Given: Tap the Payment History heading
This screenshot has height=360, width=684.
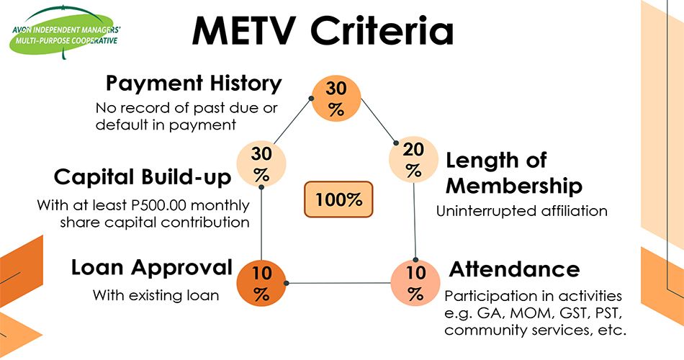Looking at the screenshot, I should [x=194, y=84].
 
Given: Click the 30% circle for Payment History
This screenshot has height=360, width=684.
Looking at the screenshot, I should [x=336, y=99].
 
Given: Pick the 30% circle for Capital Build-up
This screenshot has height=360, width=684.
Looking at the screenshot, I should [x=261, y=165].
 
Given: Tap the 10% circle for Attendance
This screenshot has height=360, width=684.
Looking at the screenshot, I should [x=415, y=284].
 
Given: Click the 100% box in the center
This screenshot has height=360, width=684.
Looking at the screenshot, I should [x=339, y=199].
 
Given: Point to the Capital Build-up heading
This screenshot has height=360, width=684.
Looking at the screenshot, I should [x=143, y=177].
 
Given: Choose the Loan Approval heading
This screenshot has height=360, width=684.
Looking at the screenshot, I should [x=151, y=268].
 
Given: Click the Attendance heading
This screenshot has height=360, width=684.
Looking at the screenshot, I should [x=514, y=269].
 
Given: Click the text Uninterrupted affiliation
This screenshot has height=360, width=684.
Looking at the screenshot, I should [x=522, y=212].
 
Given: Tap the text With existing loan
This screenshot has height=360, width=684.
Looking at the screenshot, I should [x=156, y=295].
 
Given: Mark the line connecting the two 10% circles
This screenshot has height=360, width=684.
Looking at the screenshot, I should [x=338, y=284].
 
